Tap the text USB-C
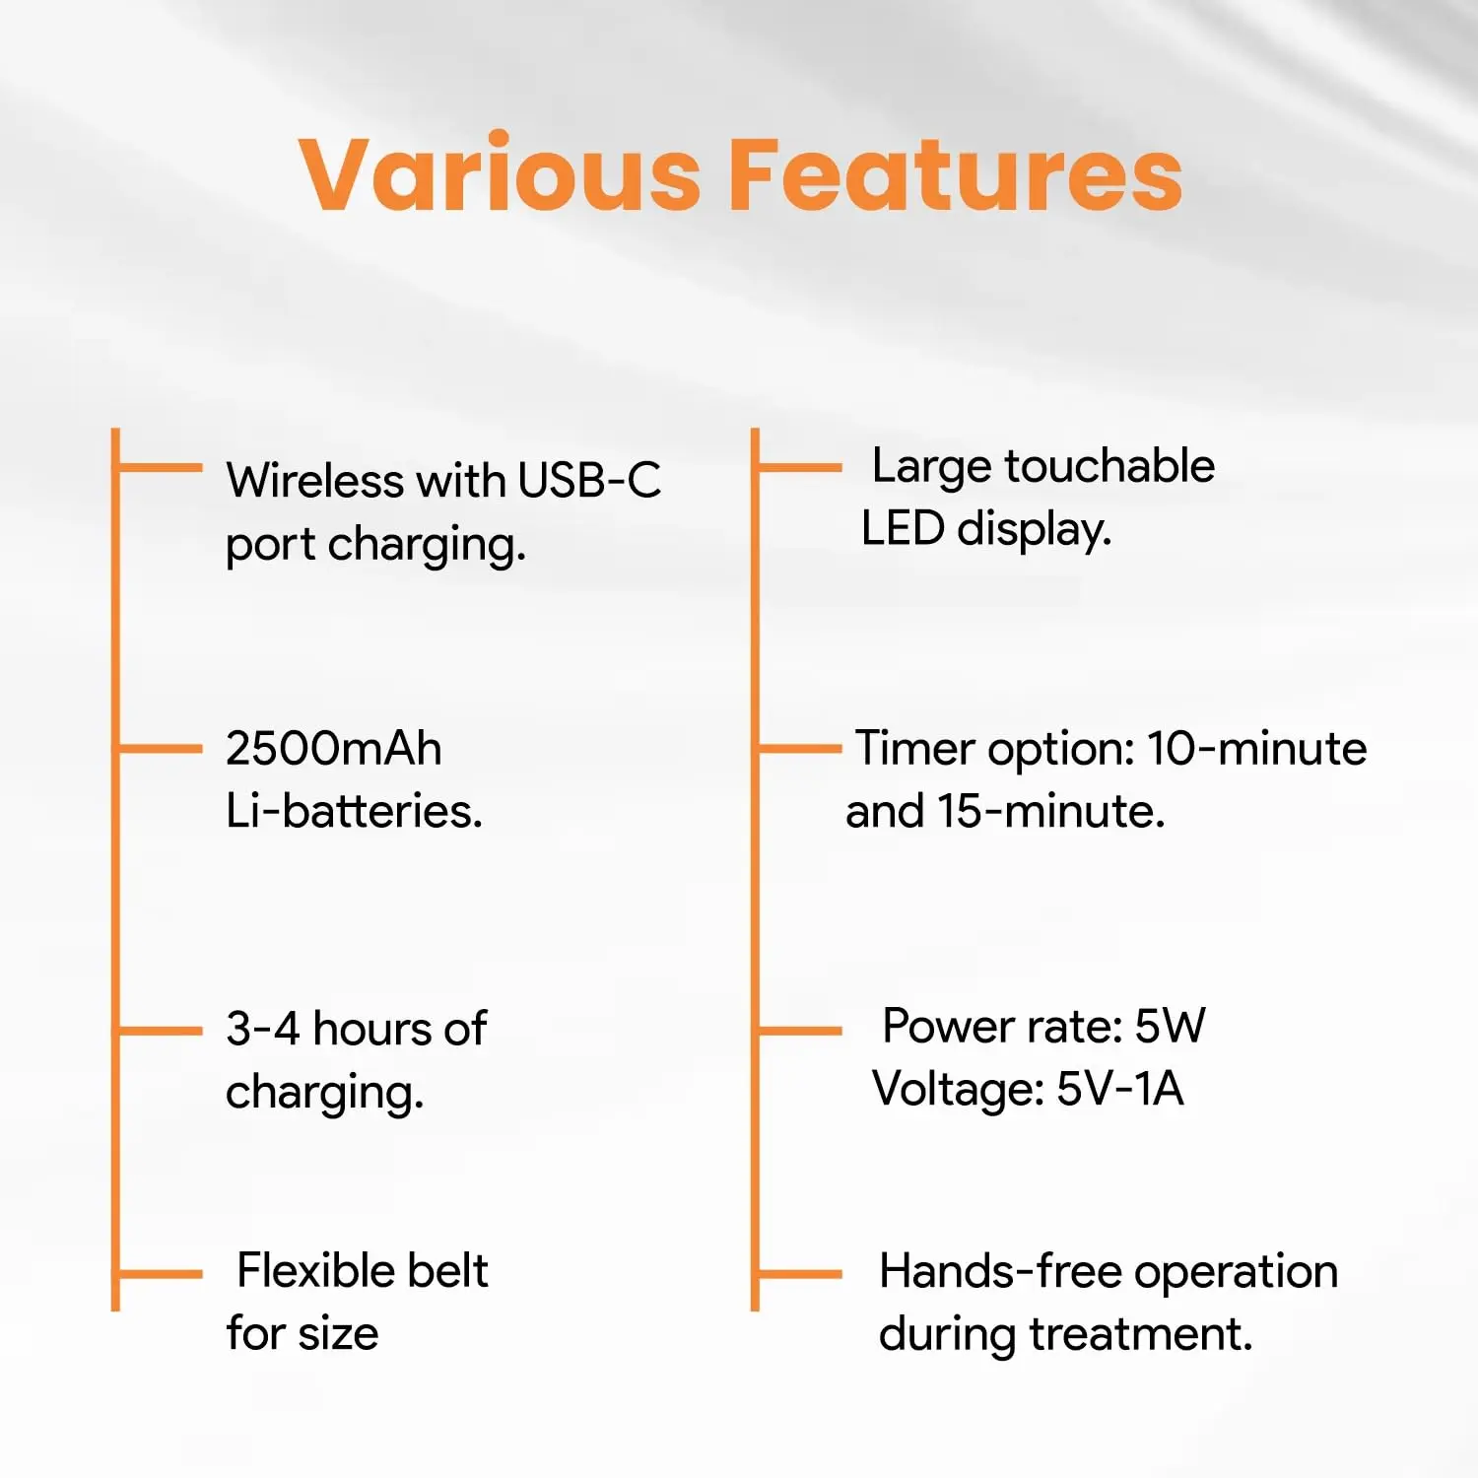(x=589, y=481)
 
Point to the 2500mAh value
(x=334, y=748)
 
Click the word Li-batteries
(x=354, y=811)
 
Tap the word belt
(x=448, y=1270)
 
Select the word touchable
(x=1109, y=465)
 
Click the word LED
(x=903, y=528)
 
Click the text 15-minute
(x=1050, y=811)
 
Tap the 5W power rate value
(x=1170, y=1026)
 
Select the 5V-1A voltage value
(x=1119, y=1089)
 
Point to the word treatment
(x=1141, y=1334)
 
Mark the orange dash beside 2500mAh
(x=161, y=749)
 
